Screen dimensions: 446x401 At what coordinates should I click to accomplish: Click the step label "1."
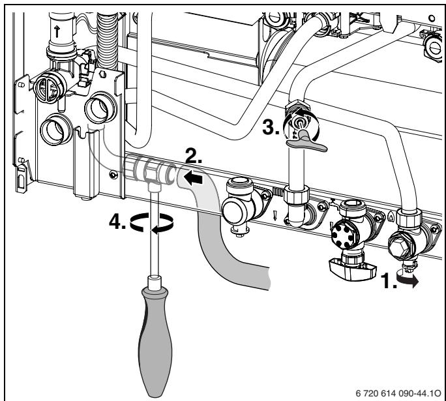(389, 281)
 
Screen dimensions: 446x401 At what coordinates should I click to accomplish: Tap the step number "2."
(194, 156)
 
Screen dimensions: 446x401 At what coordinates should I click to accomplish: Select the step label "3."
(271, 127)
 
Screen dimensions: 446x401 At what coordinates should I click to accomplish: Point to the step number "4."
(117, 222)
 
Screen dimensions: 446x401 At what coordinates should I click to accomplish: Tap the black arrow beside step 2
(193, 179)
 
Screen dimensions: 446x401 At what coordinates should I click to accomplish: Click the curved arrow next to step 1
(408, 280)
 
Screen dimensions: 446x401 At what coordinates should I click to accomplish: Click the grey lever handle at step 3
(306, 142)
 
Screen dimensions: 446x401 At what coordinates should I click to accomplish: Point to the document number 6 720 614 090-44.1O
(398, 393)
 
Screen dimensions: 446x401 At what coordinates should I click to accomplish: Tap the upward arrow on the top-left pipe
(57, 31)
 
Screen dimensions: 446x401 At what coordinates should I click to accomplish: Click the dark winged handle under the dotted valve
(353, 269)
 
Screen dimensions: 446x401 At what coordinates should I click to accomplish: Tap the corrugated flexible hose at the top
(107, 40)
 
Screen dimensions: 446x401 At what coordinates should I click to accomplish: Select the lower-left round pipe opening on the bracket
(56, 129)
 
